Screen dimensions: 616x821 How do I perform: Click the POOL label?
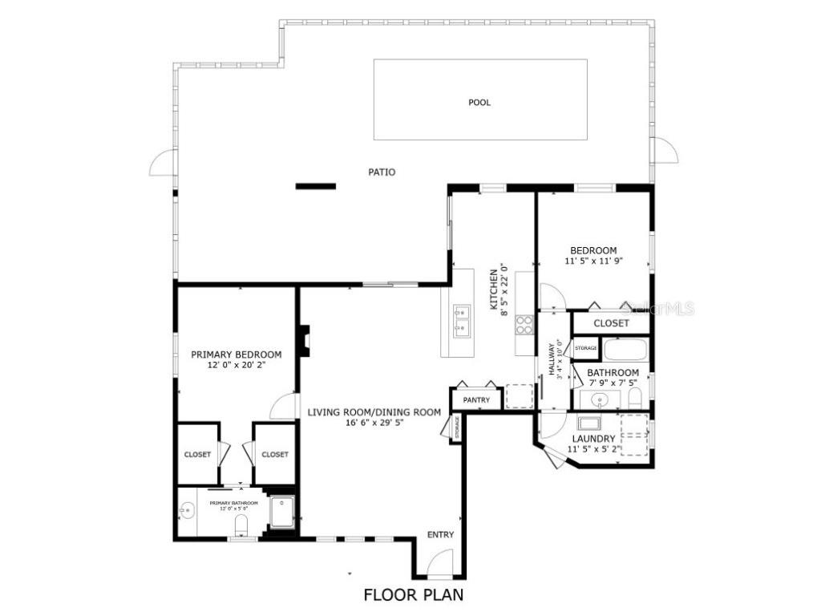pos(479,102)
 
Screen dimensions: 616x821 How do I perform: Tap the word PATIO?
pos(382,172)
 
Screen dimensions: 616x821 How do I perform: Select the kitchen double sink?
pos(461,318)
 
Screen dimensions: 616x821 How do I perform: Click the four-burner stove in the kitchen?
pos(524,324)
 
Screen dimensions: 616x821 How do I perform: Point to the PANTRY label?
pos(476,399)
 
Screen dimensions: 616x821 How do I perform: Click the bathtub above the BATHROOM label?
pos(625,351)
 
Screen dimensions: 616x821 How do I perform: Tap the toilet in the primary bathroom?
pos(240,526)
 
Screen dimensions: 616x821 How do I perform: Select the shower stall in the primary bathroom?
pos(281,513)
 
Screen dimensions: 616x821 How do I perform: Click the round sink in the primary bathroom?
pos(187,510)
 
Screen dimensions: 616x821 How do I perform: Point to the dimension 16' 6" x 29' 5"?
pos(374,423)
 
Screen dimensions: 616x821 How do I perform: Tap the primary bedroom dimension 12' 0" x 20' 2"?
pos(236,365)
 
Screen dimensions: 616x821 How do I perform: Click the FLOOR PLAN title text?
pos(413,595)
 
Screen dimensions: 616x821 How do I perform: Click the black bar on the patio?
pos(315,186)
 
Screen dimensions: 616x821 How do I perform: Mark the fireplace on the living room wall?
pos(304,340)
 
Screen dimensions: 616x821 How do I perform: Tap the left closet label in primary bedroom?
pos(197,454)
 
